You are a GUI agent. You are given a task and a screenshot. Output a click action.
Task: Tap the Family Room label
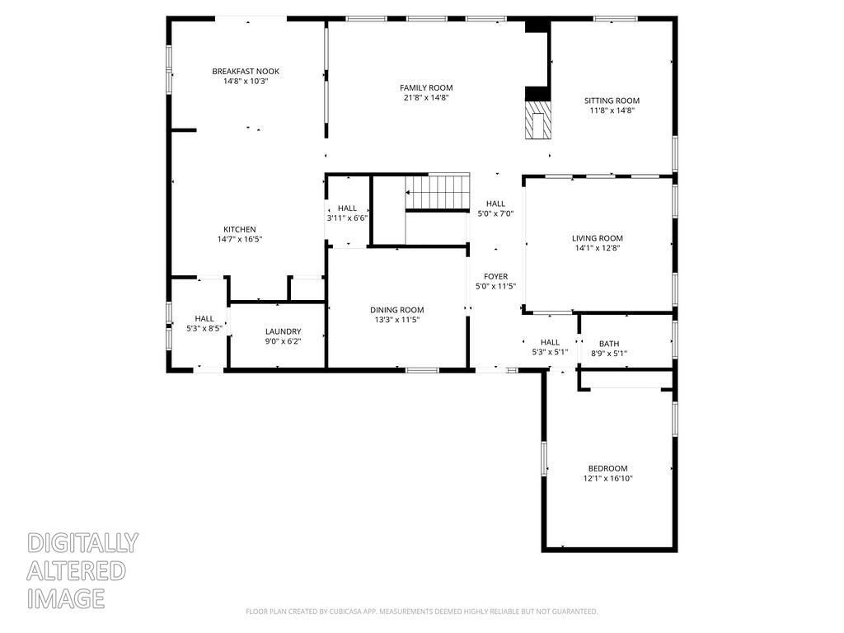point(426,88)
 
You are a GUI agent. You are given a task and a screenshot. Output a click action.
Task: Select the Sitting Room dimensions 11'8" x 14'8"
point(612,110)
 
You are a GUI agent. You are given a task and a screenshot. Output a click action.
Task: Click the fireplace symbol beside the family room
point(538,122)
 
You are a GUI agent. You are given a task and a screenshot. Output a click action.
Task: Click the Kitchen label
point(240,230)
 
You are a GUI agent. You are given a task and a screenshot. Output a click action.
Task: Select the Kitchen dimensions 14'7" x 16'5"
point(240,240)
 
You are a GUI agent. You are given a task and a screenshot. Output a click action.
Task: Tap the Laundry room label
point(283,331)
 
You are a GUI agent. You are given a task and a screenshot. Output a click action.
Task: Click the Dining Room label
point(396,310)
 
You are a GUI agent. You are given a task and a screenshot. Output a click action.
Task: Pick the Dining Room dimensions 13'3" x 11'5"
point(396,321)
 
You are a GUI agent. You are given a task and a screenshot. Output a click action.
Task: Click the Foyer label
point(495,277)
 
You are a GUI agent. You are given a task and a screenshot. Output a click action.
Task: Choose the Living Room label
point(598,238)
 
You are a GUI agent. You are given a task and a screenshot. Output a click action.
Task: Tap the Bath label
point(609,344)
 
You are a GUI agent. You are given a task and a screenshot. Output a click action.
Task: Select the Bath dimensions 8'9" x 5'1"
point(609,354)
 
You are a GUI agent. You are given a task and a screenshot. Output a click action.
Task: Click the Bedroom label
point(607,468)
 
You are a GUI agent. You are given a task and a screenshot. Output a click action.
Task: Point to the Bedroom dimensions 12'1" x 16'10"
point(607,478)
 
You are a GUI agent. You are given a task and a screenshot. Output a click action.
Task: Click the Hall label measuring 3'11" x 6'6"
point(347,209)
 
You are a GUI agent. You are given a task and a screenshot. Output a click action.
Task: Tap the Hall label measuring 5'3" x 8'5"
point(204,318)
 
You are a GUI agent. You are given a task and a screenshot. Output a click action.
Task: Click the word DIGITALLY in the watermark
point(82,543)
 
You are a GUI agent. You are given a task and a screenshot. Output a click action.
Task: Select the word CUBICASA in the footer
point(345,612)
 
